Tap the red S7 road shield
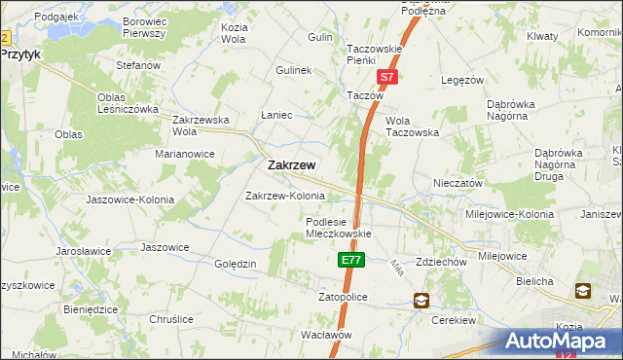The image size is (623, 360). (386, 76)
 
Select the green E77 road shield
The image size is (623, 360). (351, 261)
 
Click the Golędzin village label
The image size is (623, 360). (235, 264)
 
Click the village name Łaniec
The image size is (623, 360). (277, 115)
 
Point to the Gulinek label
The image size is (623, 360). (292, 71)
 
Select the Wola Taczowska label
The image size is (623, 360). (413, 126)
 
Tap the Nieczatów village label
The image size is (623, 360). (458, 182)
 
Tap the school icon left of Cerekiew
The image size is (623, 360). (421, 302)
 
